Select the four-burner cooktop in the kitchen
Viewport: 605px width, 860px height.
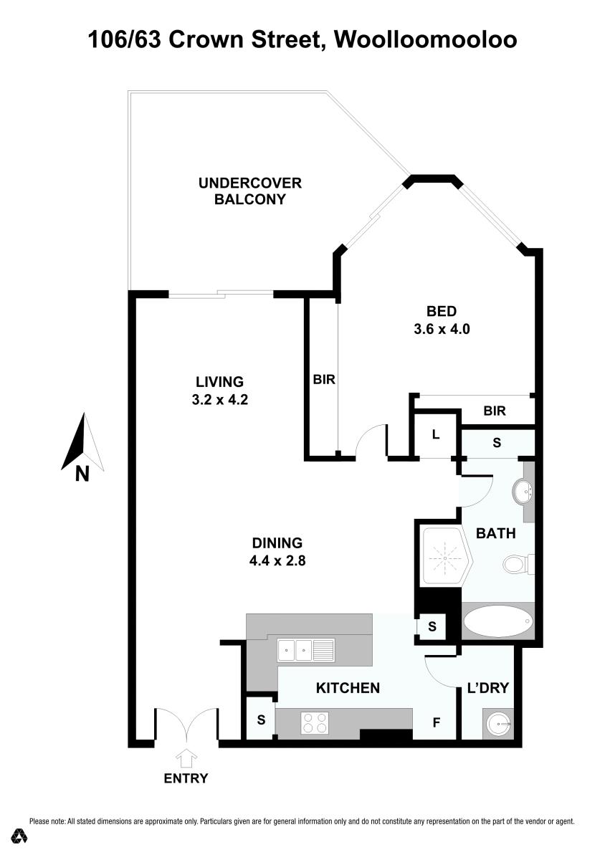315,722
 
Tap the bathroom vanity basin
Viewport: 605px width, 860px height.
522,491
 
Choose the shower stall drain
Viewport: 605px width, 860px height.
444,558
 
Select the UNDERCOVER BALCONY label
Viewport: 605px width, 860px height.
249,191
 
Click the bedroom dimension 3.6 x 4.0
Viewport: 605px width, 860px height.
442,329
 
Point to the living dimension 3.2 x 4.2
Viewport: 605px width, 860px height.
220,400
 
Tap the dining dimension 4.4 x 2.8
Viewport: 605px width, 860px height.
277,561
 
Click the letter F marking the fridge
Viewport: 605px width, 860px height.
436,722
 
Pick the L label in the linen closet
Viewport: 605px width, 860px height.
435,434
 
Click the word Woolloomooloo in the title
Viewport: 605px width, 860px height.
426,39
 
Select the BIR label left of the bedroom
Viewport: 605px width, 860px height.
324,380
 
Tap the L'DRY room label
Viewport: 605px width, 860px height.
488,687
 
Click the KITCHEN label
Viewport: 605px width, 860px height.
348,688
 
